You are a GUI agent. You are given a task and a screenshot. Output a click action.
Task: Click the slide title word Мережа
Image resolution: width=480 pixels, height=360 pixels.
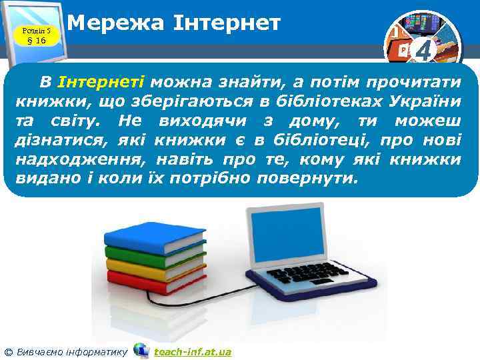point(106,24)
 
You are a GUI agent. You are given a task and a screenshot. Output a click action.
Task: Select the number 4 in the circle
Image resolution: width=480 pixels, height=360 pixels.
point(423,51)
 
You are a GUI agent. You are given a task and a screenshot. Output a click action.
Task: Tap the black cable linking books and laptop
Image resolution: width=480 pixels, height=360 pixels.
point(200,305)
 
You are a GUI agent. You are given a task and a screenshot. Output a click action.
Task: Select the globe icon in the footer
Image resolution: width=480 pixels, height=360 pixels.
point(141,350)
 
